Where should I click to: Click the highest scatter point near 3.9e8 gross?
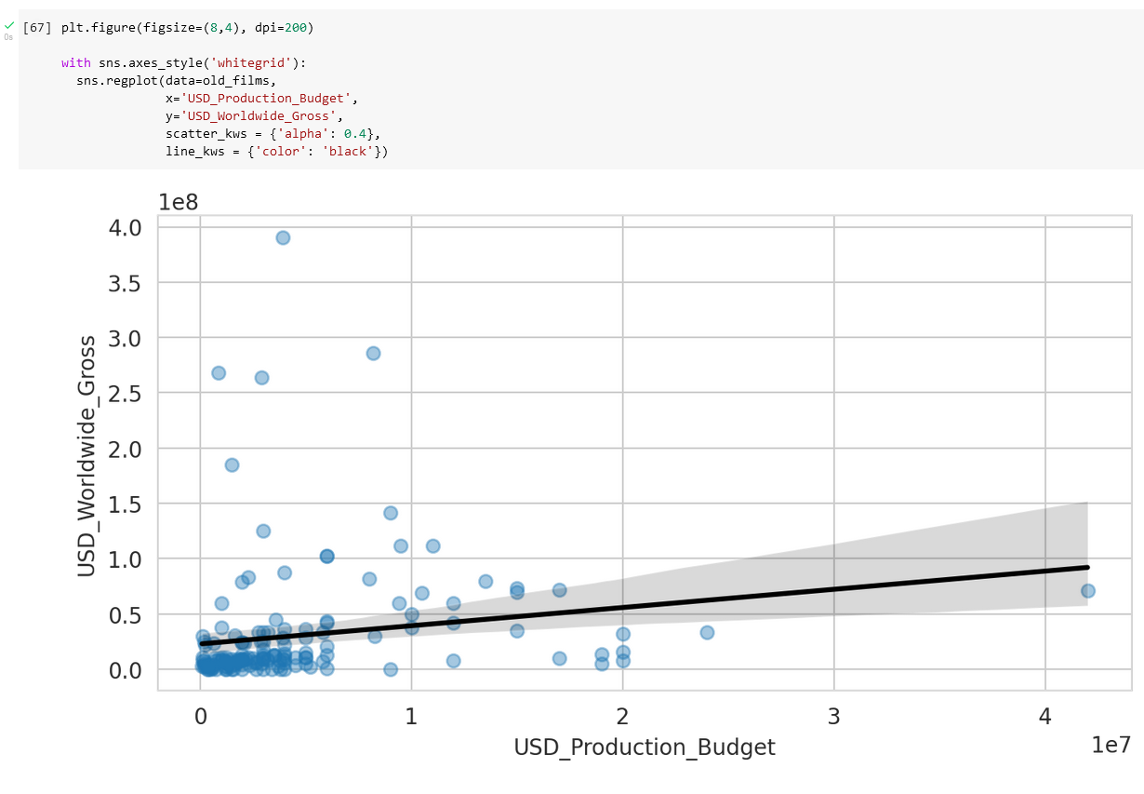tap(283, 237)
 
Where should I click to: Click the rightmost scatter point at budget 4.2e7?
tap(1087, 590)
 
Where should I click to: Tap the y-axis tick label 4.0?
tap(124, 227)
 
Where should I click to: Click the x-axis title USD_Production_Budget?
tap(644, 747)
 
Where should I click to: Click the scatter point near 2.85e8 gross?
tap(373, 353)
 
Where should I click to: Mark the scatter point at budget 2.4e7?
tap(707, 632)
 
